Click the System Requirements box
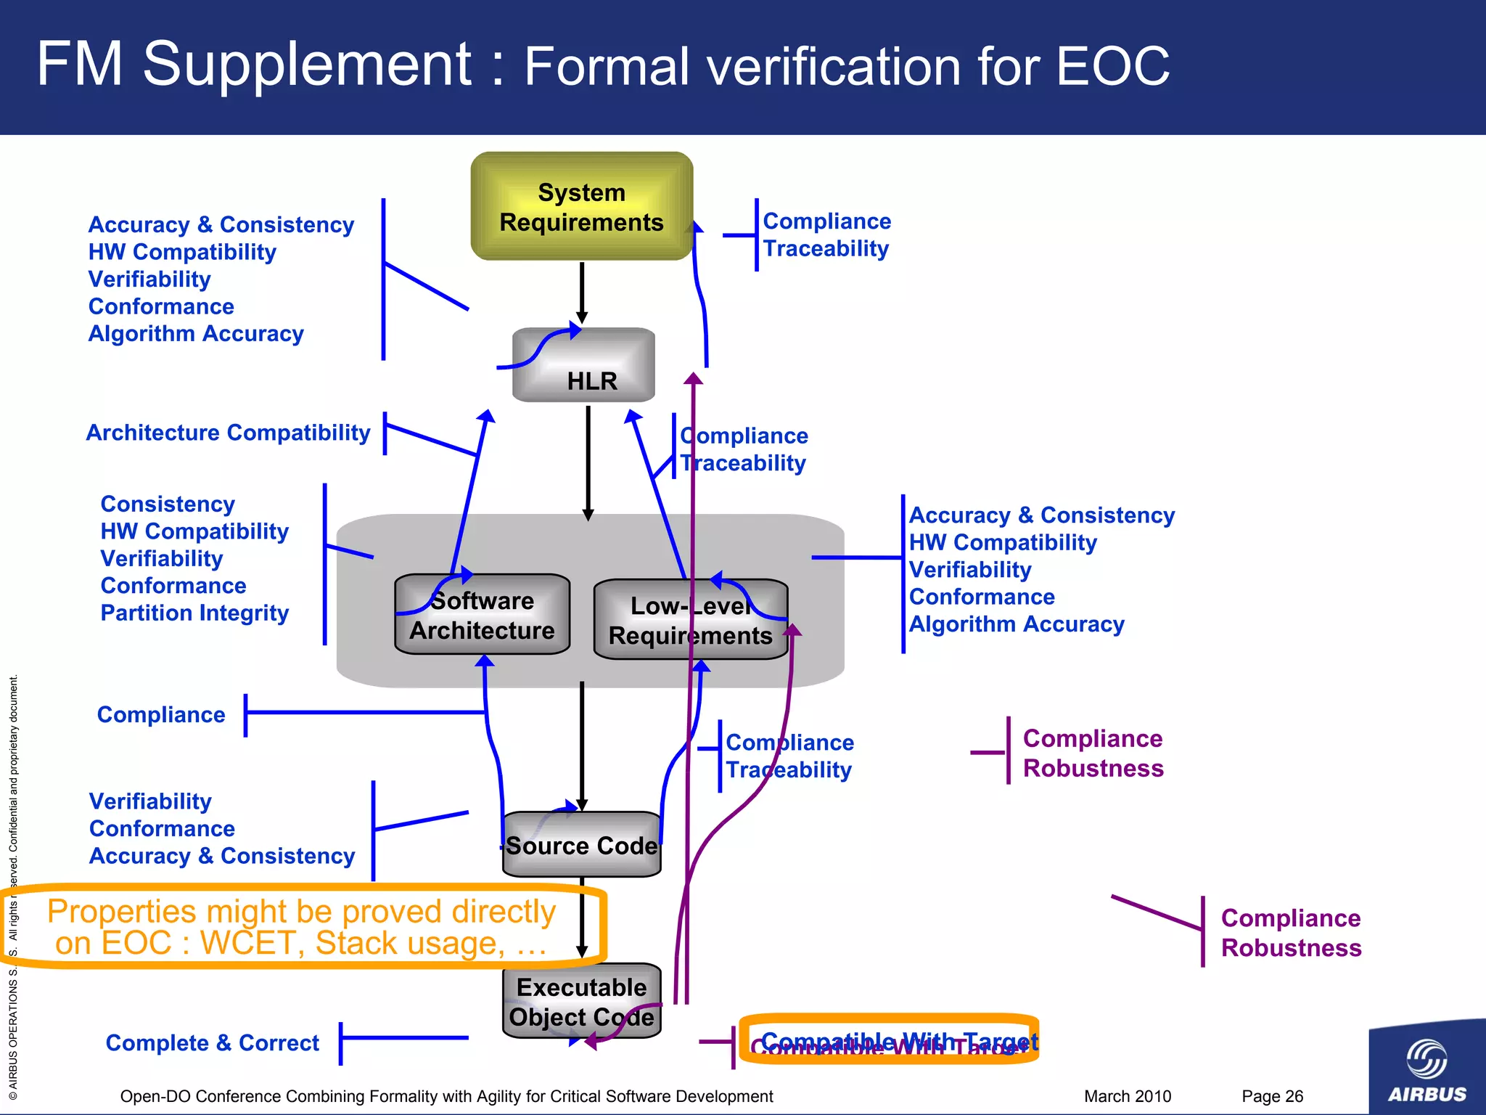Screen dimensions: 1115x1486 [x=581, y=207]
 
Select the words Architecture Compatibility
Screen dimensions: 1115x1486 [x=228, y=433]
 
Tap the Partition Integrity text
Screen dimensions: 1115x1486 [x=194, y=613]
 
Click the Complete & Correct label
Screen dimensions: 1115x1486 [x=212, y=1043]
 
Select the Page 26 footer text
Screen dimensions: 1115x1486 [x=1272, y=1096]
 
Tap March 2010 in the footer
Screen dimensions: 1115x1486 [x=1127, y=1096]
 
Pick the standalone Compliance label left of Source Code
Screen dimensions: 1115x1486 [x=161, y=715]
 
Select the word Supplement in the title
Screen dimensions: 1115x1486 [x=308, y=65]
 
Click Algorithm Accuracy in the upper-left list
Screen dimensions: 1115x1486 [x=196, y=334]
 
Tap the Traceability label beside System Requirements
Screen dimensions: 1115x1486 [x=826, y=249]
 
